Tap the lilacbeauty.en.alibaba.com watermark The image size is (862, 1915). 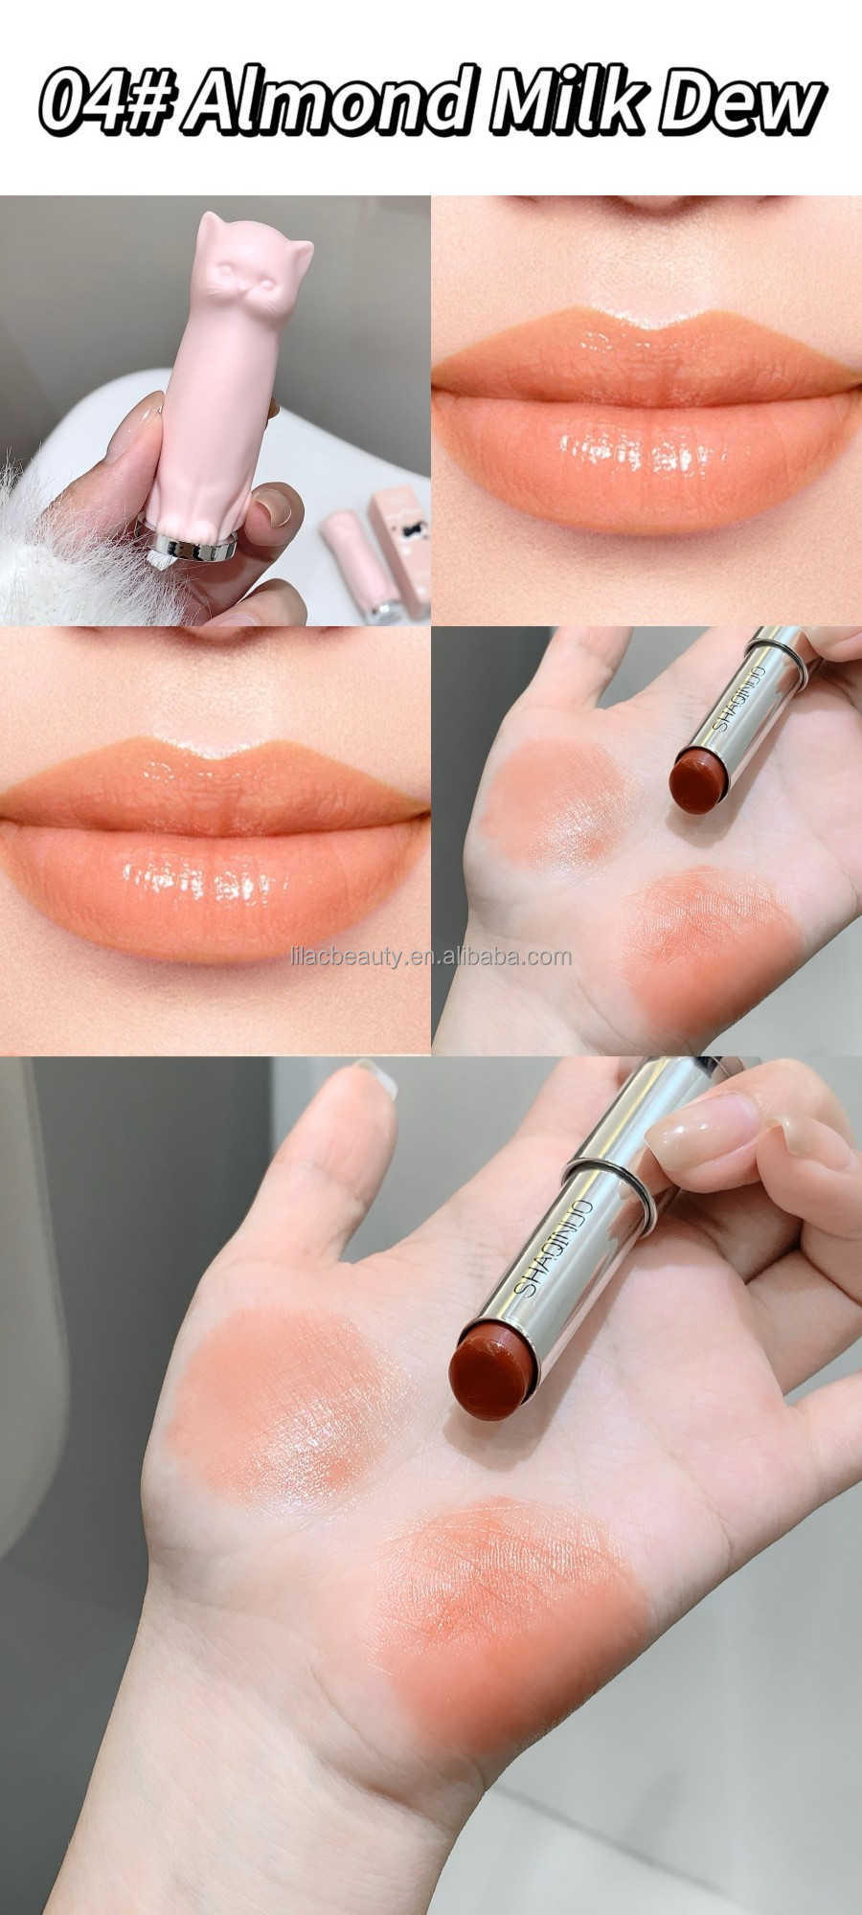430,956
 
